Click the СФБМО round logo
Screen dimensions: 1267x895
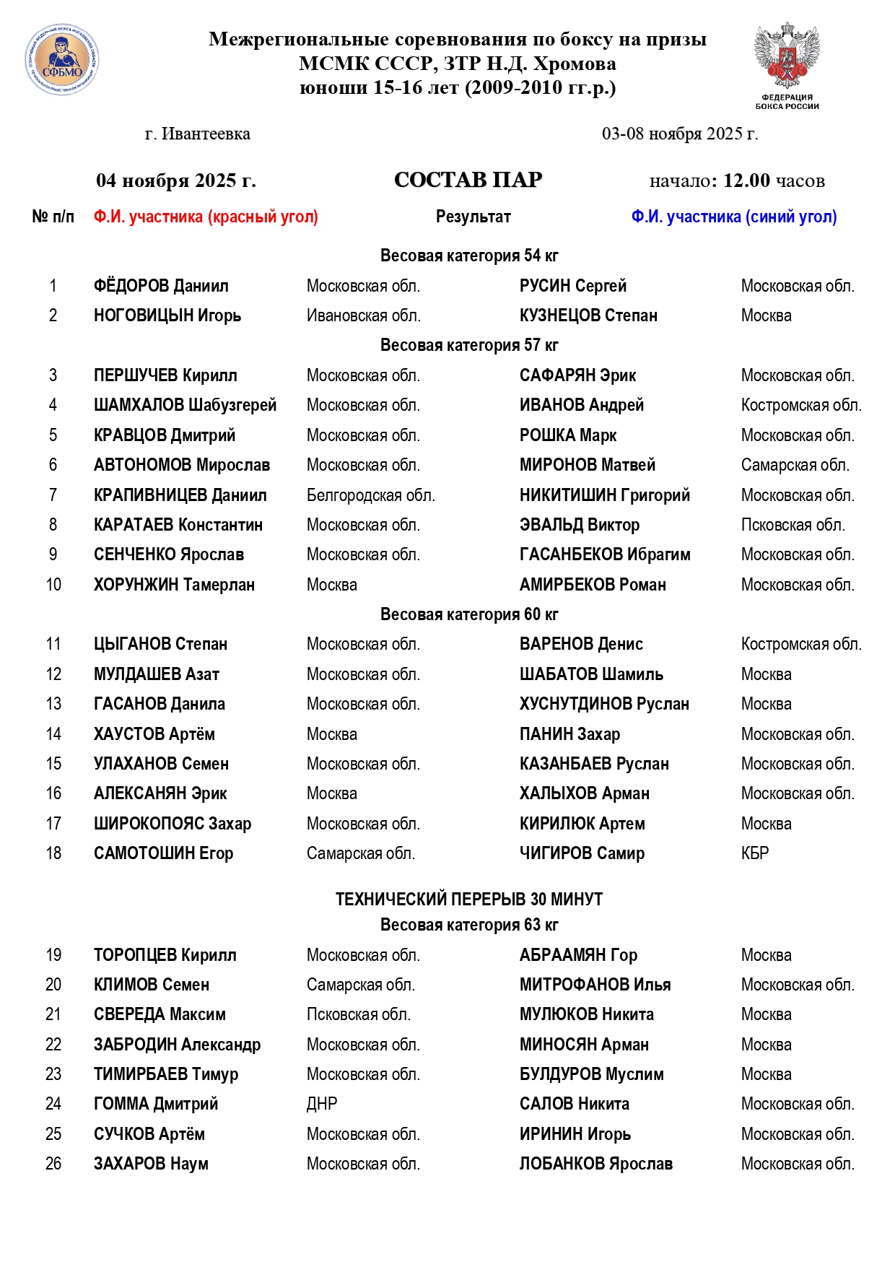(62, 61)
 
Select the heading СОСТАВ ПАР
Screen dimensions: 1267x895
(468, 180)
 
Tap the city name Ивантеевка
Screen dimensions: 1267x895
(206, 134)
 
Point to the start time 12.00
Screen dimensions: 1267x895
(746, 180)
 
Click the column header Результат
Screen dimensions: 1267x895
(473, 217)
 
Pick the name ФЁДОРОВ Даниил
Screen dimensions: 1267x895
(161, 286)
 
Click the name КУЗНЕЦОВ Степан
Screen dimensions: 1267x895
(588, 315)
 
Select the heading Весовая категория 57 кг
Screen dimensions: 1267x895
(469, 345)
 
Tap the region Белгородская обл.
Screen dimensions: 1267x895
(370, 495)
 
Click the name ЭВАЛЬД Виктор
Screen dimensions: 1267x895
(579, 525)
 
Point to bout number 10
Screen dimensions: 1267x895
(53, 585)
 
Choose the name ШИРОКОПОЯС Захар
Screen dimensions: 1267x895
(173, 824)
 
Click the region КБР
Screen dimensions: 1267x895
(755, 853)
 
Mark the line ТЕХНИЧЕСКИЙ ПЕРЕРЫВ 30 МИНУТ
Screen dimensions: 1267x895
(469, 899)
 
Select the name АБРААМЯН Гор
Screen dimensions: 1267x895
(578, 955)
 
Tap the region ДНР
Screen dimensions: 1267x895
(322, 1104)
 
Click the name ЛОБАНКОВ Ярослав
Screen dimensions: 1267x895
(595, 1164)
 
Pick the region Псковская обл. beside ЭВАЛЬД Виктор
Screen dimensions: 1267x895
(793, 525)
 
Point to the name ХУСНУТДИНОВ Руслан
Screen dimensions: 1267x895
(604, 704)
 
